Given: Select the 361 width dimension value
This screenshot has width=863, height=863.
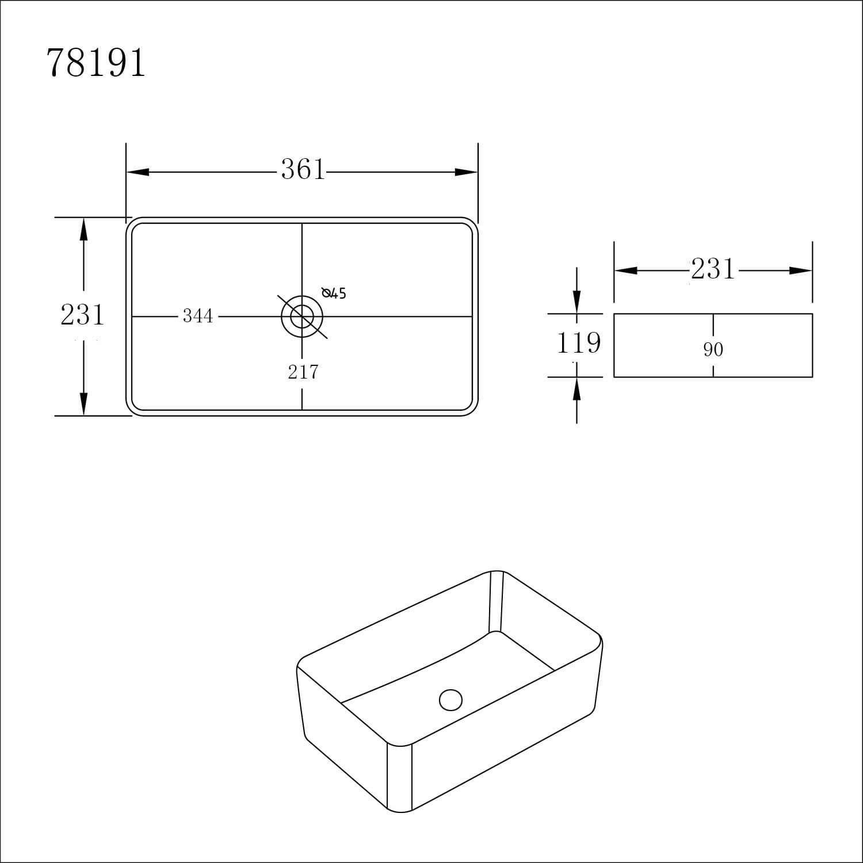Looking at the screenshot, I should pos(303,170).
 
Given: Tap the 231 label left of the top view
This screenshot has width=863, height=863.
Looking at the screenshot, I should pos(82,315).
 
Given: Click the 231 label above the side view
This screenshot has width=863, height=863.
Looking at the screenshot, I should pos(713,269).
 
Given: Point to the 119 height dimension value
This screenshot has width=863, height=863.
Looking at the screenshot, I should pos(578,343).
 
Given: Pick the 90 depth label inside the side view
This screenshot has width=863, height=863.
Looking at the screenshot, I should pos(713,350).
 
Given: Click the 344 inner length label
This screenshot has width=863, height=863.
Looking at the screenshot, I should pos(197,316).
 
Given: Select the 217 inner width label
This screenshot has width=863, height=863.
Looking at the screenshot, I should pos(303,373).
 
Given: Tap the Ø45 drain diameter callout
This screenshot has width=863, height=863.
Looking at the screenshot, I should pos(334,293).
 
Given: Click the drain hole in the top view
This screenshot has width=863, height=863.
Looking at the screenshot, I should pos(302,316).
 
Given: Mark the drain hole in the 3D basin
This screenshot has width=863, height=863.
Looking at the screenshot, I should pos(450,700).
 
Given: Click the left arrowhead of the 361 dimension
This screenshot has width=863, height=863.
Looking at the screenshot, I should pos(138,172).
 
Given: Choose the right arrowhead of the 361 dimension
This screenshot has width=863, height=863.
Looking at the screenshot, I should pos(467,172).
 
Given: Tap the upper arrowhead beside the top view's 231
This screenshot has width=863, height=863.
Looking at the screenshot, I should pos(84,230).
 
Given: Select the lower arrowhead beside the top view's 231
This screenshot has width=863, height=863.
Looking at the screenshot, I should pos(84,403).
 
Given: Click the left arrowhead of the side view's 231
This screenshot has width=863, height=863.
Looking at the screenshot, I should pos(626,270).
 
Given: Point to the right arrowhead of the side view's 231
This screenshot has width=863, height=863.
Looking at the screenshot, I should pos(800,270).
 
